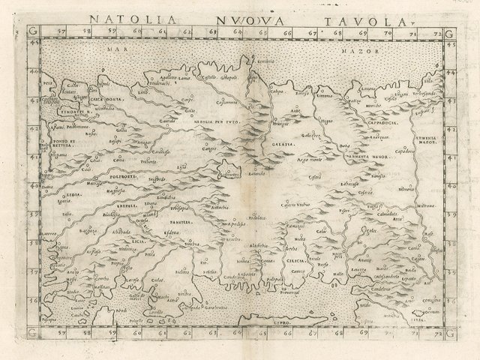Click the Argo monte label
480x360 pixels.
[310, 162]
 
